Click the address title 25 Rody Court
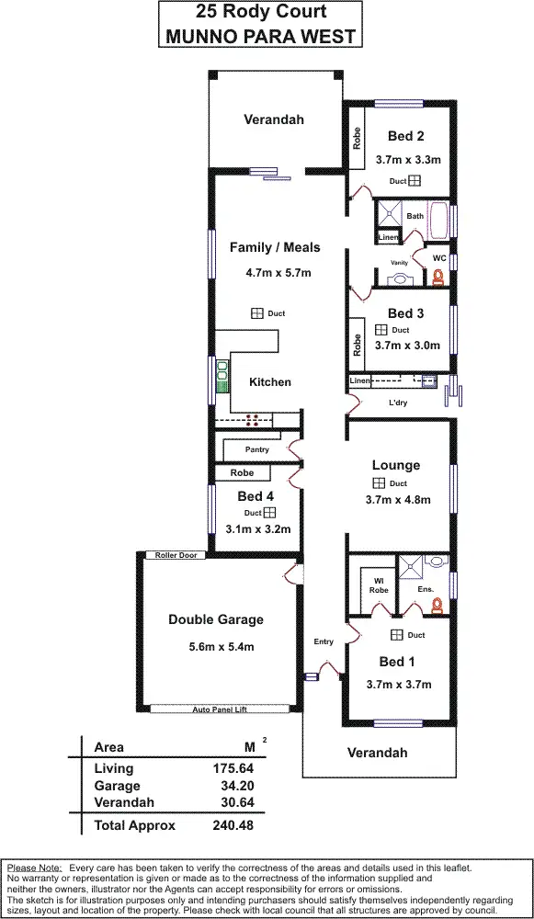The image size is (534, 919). coord(261,13)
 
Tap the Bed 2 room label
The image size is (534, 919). coord(405,136)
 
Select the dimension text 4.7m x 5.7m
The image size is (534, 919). coord(278,273)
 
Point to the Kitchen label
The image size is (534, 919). coord(270,381)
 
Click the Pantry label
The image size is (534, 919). coord(256,450)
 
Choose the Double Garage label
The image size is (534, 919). coord(215,619)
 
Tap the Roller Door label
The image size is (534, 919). coord(176,555)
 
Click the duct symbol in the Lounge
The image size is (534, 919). coord(379,483)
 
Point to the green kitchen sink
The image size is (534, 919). coord(222,375)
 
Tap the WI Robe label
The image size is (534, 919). coord(377,584)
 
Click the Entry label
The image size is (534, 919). coord(324,641)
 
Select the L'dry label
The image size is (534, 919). coord(398,403)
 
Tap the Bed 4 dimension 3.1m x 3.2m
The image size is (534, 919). coord(257,528)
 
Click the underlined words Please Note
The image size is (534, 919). coord(34,868)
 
